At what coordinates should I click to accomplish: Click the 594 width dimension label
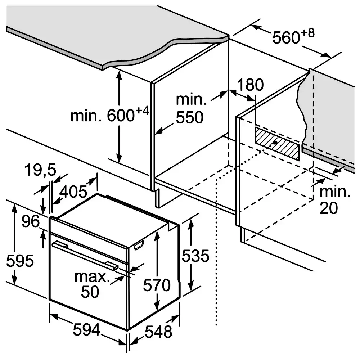point(86,330)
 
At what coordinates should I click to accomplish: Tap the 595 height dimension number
point(20,261)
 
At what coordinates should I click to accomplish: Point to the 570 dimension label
point(156,285)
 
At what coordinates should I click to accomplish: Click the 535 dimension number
point(195,256)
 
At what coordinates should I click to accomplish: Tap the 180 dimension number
point(250,85)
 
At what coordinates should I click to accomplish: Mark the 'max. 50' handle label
point(91,284)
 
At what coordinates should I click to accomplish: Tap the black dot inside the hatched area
point(275,143)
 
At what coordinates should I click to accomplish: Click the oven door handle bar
point(85,255)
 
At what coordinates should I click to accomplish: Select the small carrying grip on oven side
point(138,246)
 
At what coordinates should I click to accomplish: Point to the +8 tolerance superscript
point(309,33)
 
